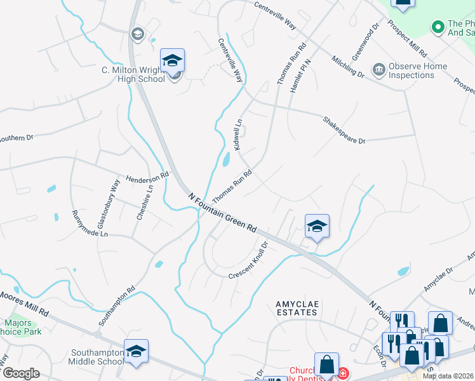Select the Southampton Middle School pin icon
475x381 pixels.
coord(137,351)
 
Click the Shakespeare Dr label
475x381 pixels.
coord(344,130)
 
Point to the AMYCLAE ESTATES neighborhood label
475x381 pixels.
coord(297,309)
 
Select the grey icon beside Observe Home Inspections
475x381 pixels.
coord(378,69)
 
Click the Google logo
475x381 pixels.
coord(21,373)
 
